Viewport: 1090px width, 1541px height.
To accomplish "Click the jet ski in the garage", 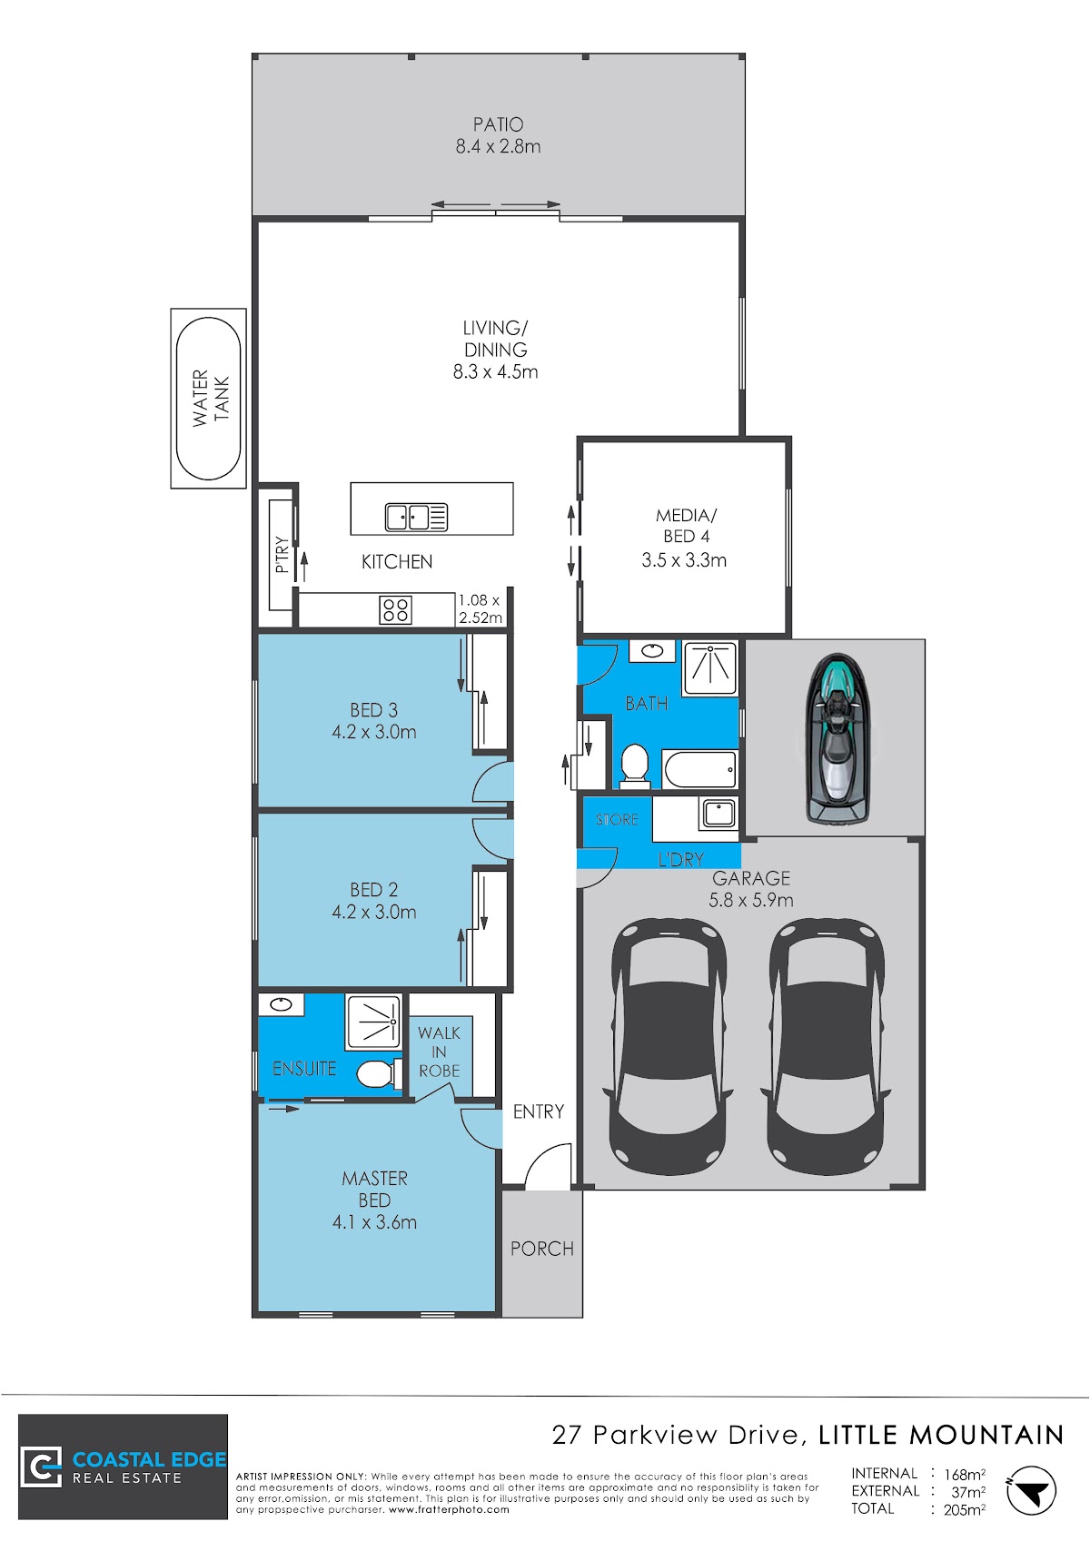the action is (837, 738).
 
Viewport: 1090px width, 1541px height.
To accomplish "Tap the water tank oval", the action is (208, 399).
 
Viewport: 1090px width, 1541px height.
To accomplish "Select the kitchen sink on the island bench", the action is (416, 518).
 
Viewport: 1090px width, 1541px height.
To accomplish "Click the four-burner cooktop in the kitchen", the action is (396, 610).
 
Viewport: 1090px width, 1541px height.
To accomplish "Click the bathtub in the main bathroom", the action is (699, 768).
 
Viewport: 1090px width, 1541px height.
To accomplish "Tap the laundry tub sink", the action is (718, 814).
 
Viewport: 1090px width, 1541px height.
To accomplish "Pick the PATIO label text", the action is (498, 124).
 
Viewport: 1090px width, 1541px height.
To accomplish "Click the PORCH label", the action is (542, 1249).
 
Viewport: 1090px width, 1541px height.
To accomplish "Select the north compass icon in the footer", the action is (1031, 1491).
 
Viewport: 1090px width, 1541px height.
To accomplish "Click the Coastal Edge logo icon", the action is (41, 1467).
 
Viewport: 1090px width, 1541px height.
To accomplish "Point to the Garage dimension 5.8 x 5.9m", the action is (751, 900).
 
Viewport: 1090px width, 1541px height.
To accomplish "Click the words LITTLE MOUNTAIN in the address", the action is (941, 1435).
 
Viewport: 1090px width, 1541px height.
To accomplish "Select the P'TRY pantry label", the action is (282, 555).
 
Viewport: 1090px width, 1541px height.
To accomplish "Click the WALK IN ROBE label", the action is (439, 1052).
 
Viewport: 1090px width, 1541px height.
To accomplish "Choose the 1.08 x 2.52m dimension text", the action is (481, 608).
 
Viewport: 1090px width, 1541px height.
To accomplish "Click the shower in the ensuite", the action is (373, 1022).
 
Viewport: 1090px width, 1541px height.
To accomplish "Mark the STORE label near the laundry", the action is (617, 819).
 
